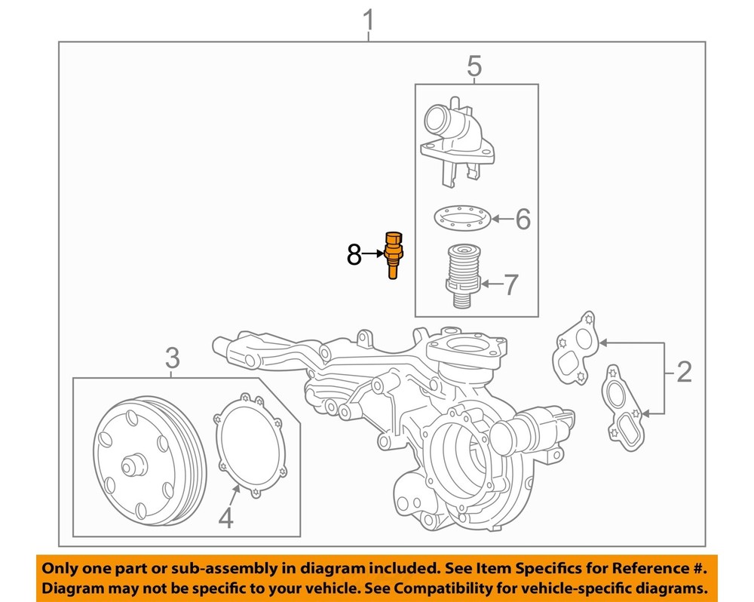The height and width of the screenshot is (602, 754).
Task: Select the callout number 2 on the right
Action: [684, 371]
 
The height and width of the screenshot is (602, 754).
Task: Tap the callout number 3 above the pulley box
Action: [173, 358]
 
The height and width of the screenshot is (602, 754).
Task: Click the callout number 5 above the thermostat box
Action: [474, 66]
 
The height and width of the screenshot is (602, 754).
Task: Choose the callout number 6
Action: [523, 220]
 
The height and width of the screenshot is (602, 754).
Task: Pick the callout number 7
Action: [510, 284]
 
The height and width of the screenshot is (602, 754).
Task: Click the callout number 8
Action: [354, 256]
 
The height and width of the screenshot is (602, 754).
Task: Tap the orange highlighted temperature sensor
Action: [393, 254]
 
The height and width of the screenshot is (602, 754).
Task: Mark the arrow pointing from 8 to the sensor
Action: [373, 256]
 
